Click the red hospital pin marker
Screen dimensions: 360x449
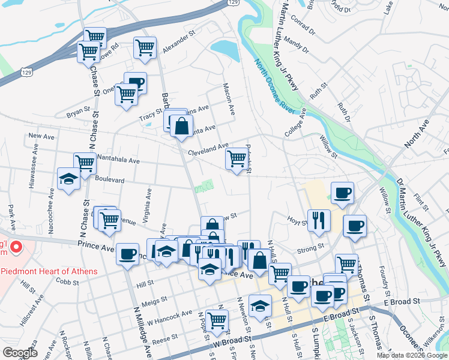point(17,247)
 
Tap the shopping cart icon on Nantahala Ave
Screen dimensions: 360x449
point(85,162)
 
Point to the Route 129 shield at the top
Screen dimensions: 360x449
point(233,4)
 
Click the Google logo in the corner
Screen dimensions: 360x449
point(20,353)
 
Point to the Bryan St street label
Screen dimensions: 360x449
point(78,112)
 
